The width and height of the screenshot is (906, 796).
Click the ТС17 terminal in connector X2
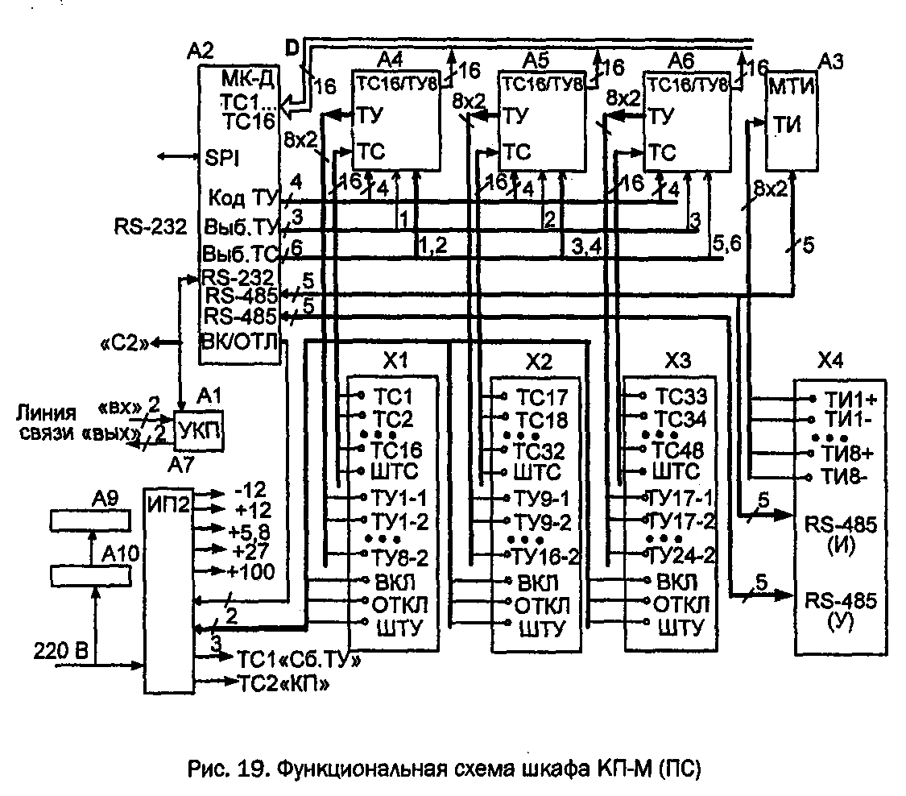541,396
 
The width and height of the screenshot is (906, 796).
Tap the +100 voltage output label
254,571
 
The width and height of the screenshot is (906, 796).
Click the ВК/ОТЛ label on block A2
240,342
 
